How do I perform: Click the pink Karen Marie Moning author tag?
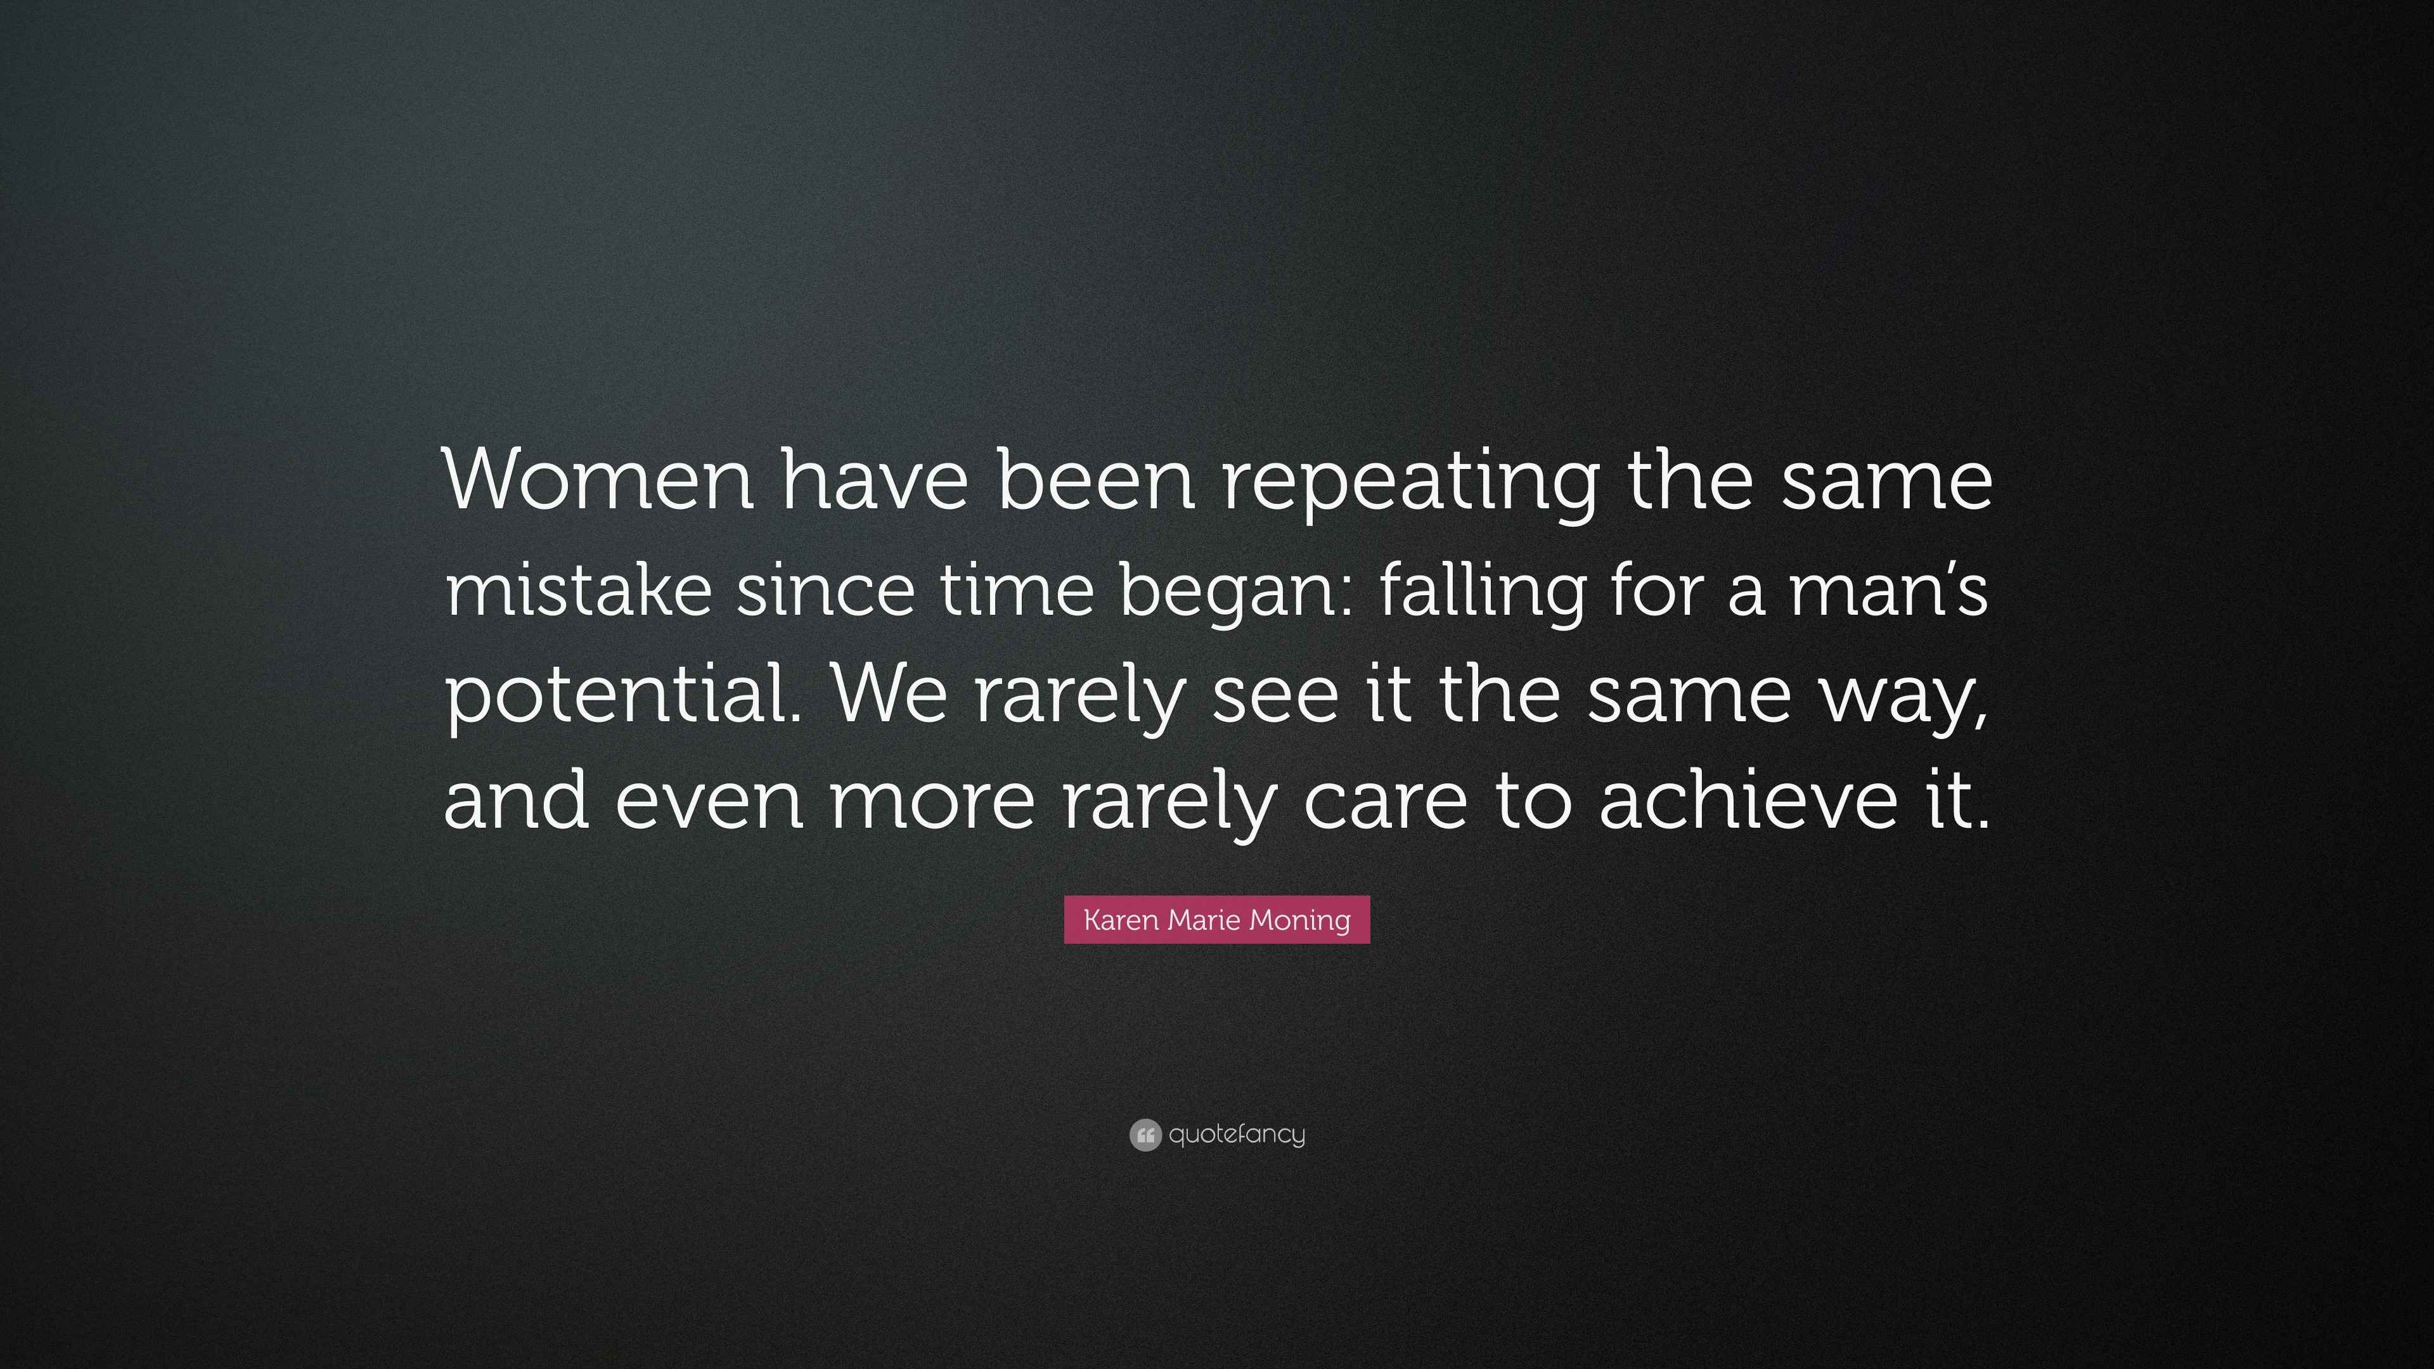coord(1217,919)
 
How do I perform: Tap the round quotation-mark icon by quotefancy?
coord(1145,1134)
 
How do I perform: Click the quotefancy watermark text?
coord(1237,1134)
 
